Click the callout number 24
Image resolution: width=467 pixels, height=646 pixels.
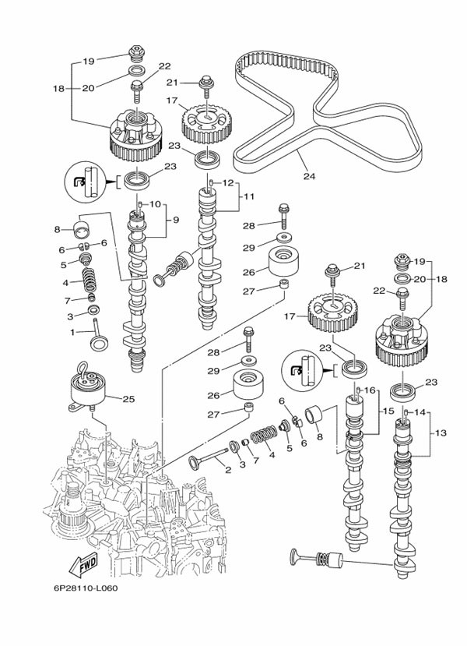point(309,177)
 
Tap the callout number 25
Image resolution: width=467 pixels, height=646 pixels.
point(129,399)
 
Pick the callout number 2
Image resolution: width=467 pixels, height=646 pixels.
point(227,469)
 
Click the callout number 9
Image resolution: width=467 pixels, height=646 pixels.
point(175,221)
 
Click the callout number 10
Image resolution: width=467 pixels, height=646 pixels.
point(155,204)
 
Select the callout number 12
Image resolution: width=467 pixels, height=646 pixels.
point(228,183)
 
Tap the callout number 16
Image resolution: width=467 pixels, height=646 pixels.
point(370,390)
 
